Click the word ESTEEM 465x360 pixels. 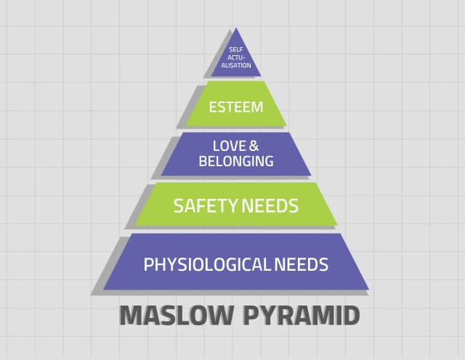236,107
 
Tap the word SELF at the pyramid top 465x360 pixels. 236,50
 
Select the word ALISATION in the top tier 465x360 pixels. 236,65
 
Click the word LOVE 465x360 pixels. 230,146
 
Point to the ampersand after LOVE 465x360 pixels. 254,146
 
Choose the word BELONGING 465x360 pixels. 236,161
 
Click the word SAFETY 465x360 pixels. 206,206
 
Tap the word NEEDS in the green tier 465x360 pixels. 270,206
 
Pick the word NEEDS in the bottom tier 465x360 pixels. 302,265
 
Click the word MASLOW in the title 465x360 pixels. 176,316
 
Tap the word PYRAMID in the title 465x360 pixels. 302,316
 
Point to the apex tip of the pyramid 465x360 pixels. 236,28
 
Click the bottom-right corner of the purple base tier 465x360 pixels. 368,290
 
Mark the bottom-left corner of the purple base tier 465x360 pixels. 103,290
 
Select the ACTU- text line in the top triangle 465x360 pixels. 236,57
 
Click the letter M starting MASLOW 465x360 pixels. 130,316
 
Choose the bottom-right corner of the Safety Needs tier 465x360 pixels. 337,226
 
